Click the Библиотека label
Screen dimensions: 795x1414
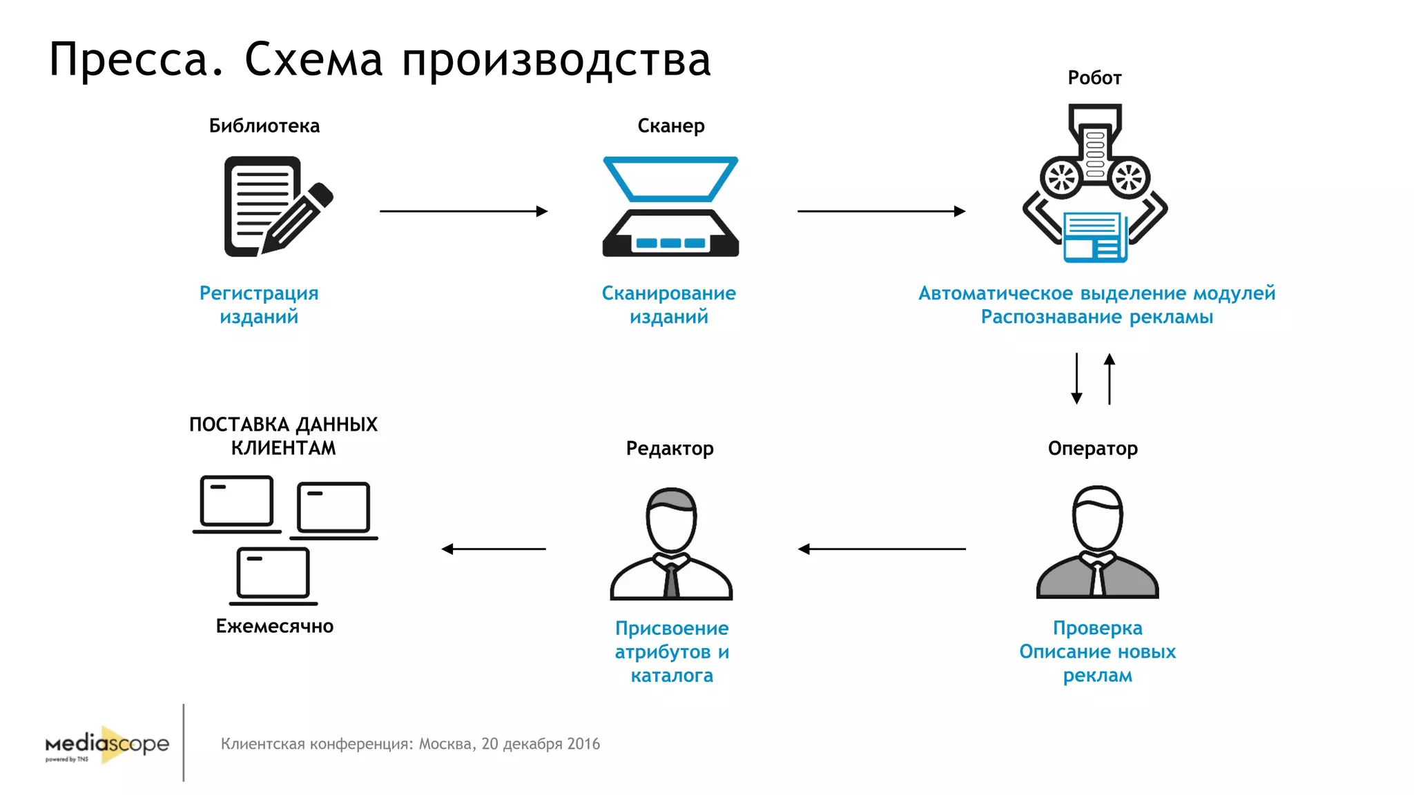click(x=264, y=126)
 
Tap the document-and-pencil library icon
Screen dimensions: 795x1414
click(x=276, y=206)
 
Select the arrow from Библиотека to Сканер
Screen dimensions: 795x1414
click(x=463, y=211)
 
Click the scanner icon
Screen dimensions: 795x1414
click(x=670, y=207)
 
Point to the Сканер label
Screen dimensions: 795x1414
click(x=670, y=126)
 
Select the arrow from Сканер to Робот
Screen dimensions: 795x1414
click(x=881, y=211)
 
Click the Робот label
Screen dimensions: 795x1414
click(x=1094, y=77)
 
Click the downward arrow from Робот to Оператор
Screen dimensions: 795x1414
click(x=1076, y=378)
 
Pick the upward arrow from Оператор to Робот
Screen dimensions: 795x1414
click(x=1110, y=378)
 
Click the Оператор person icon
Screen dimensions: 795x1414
click(x=1097, y=542)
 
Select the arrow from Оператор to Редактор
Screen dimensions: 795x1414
click(x=882, y=549)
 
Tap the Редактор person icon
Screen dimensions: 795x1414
click(x=671, y=544)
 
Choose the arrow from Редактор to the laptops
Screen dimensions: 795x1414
click(x=494, y=549)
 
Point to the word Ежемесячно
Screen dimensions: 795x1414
click(x=275, y=626)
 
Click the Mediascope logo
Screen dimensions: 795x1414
click(x=107, y=745)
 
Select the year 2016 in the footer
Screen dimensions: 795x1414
click(x=583, y=744)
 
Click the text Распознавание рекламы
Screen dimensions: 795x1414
click(x=1096, y=317)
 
